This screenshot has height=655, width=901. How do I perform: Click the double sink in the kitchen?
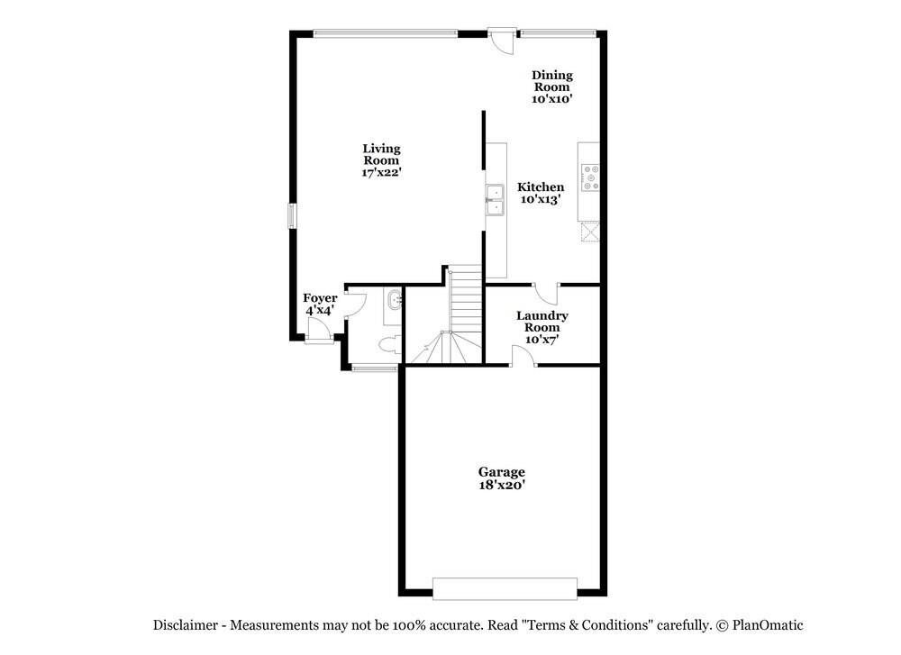[x=495, y=200]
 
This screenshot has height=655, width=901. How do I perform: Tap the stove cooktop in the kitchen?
[x=590, y=177]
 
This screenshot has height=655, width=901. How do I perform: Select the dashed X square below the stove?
[x=590, y=232]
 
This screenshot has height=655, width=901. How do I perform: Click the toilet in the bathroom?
[x=388, y=344]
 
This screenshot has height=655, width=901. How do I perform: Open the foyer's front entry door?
[x=316, y=335]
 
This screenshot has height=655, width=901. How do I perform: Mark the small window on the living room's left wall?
[x=291, y=216]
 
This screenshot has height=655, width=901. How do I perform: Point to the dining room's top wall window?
[x=557, y=34]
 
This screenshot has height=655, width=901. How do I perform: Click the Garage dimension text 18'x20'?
[x=502, y=485]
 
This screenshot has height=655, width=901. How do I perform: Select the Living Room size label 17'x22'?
[x=381, y=171]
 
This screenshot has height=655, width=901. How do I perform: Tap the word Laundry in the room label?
[x=542, y=315]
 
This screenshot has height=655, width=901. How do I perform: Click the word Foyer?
[x=320, y=298]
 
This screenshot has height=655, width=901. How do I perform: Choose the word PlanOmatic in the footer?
[x=767, y=624]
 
